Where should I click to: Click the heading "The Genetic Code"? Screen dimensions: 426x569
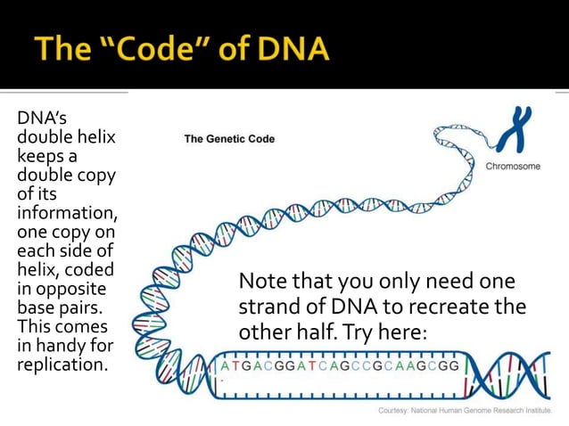229,139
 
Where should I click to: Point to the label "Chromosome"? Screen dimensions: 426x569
513,166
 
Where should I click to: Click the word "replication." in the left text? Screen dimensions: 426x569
57,365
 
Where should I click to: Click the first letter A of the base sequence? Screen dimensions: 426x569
225,366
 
